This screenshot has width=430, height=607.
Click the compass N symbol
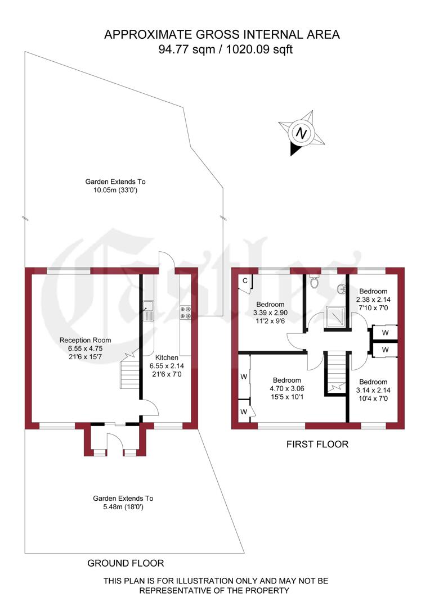(x=302, y=134)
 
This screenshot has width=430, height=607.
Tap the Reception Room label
(x=86, y=340)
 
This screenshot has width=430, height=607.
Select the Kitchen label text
(x=167, y=357)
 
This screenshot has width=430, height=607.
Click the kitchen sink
(x=149, y=310)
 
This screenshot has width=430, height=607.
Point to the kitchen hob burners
(x=185, y=312)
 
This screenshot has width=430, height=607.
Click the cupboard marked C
(x=245, y=282)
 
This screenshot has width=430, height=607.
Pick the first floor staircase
(x=335, y=371)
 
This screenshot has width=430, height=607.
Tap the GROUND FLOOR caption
(x=126, y=563)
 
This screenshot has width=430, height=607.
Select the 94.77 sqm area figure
(x=190, y=49)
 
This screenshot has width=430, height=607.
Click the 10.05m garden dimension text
(x=115, y=191)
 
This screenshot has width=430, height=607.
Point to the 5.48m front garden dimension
(x=123, y=507)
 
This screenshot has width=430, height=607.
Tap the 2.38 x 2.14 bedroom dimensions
(x=374, y=300)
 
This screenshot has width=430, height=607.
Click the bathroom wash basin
(x=342, y=289)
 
